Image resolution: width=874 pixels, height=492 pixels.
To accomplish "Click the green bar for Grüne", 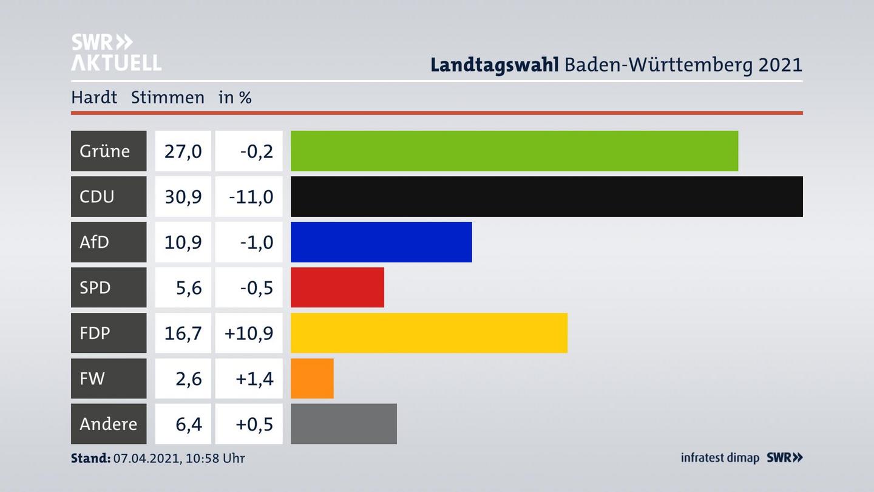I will tap(514, 151).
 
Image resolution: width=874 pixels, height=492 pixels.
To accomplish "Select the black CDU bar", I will tap(546, 196).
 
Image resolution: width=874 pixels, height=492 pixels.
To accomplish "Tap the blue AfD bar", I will tap(381, 242).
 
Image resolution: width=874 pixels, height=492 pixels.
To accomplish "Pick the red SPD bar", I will tap(337, 287).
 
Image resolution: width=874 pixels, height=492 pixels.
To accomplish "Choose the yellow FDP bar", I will tap(429, 333).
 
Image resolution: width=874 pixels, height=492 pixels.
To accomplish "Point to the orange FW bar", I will tap(312, 378).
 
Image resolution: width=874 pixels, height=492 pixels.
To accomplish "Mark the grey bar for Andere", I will tap(344, 424).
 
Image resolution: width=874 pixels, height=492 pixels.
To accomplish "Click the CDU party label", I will tap(97, 196).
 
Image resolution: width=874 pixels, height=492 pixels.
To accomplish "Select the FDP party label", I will tap(95, 333).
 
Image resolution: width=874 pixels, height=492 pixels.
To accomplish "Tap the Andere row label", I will tap(109, 424).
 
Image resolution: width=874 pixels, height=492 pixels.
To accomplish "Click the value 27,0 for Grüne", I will tap(183, 151).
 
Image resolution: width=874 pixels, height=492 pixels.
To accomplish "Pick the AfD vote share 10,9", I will tap(183, 242).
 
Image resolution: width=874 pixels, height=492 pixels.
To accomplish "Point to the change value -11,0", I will tap(251, 196).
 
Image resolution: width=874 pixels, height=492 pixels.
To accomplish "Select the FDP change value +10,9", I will tap(249, 333).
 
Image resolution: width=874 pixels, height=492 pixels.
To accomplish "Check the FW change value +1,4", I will tap(254, 378).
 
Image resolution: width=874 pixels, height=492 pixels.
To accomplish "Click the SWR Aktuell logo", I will tap(116, 52).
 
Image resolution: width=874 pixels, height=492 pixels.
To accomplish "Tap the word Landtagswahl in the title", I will tap(494, 64).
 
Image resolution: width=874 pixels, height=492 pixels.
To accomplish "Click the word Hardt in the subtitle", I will tap(94, 97).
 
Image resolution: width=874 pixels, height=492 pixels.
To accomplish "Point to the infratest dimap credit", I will tap(720, 458).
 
